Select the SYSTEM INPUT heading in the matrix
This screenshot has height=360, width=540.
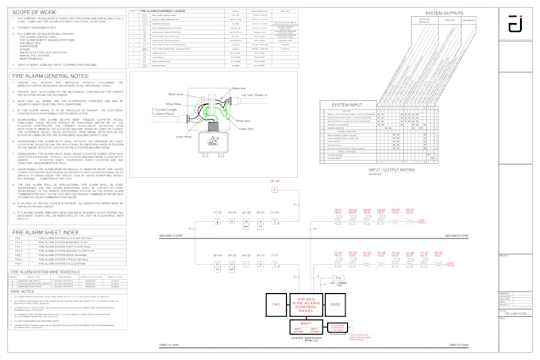pos(346,104)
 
